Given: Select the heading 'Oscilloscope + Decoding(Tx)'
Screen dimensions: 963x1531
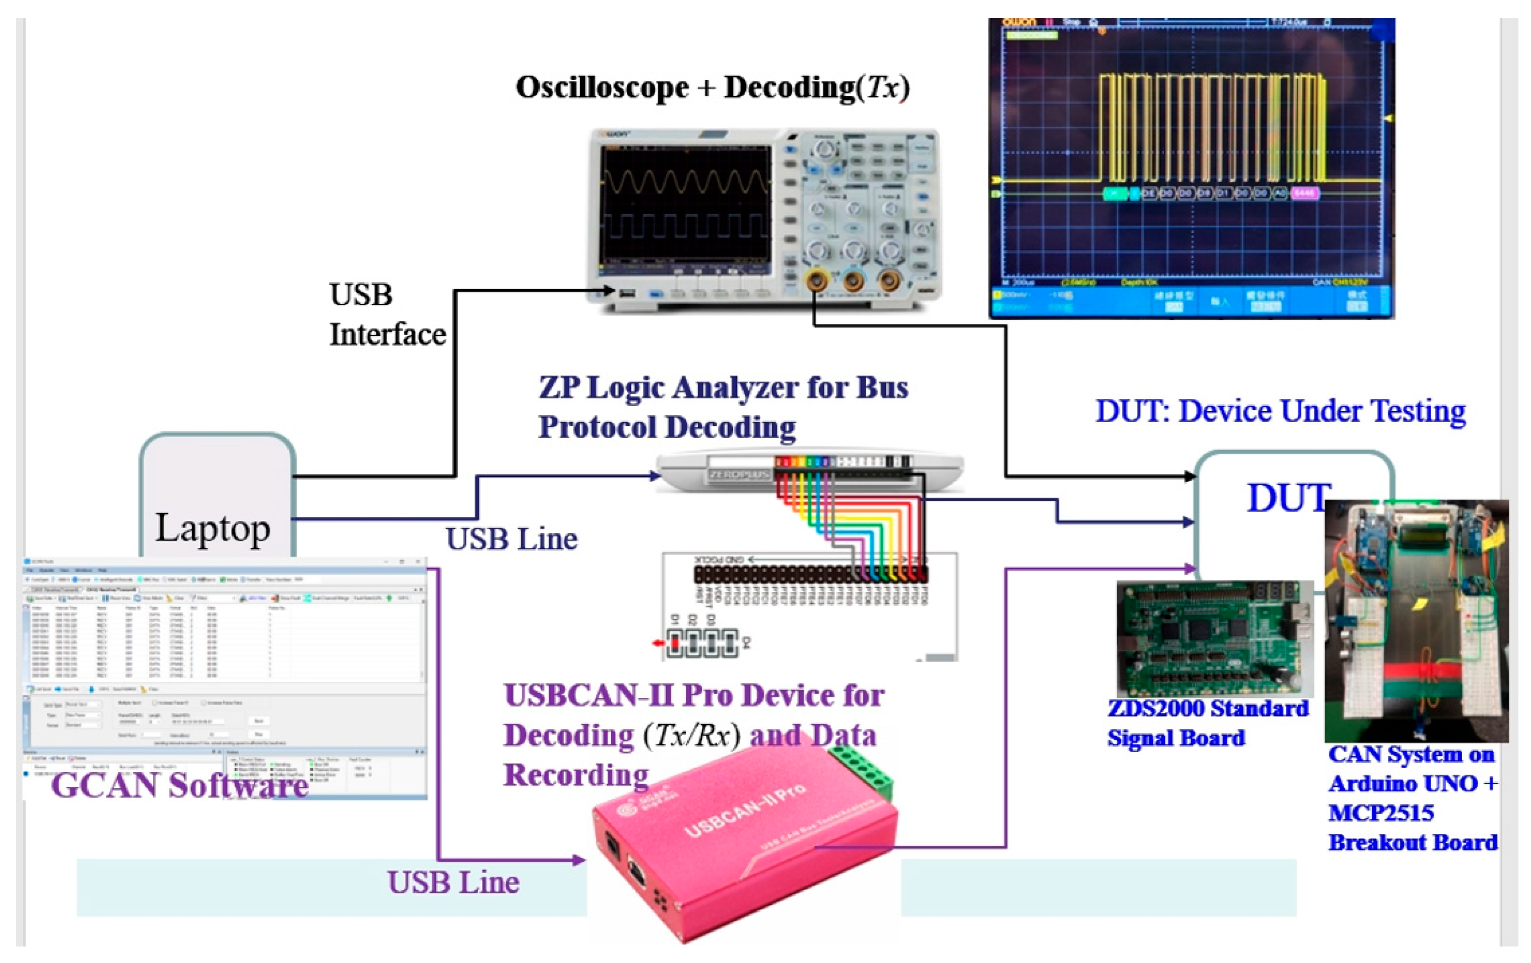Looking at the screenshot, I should point(712,88).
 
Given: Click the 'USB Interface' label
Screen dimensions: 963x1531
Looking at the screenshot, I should point(387,315).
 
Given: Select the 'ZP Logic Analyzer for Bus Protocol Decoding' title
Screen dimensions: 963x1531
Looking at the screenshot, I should point(723,407).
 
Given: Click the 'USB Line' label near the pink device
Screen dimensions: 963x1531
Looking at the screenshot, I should point(453,882).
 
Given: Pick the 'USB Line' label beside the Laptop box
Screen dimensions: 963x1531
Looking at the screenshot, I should point(511,539).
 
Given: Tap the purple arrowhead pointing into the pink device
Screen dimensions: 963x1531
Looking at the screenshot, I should point(578,860).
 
